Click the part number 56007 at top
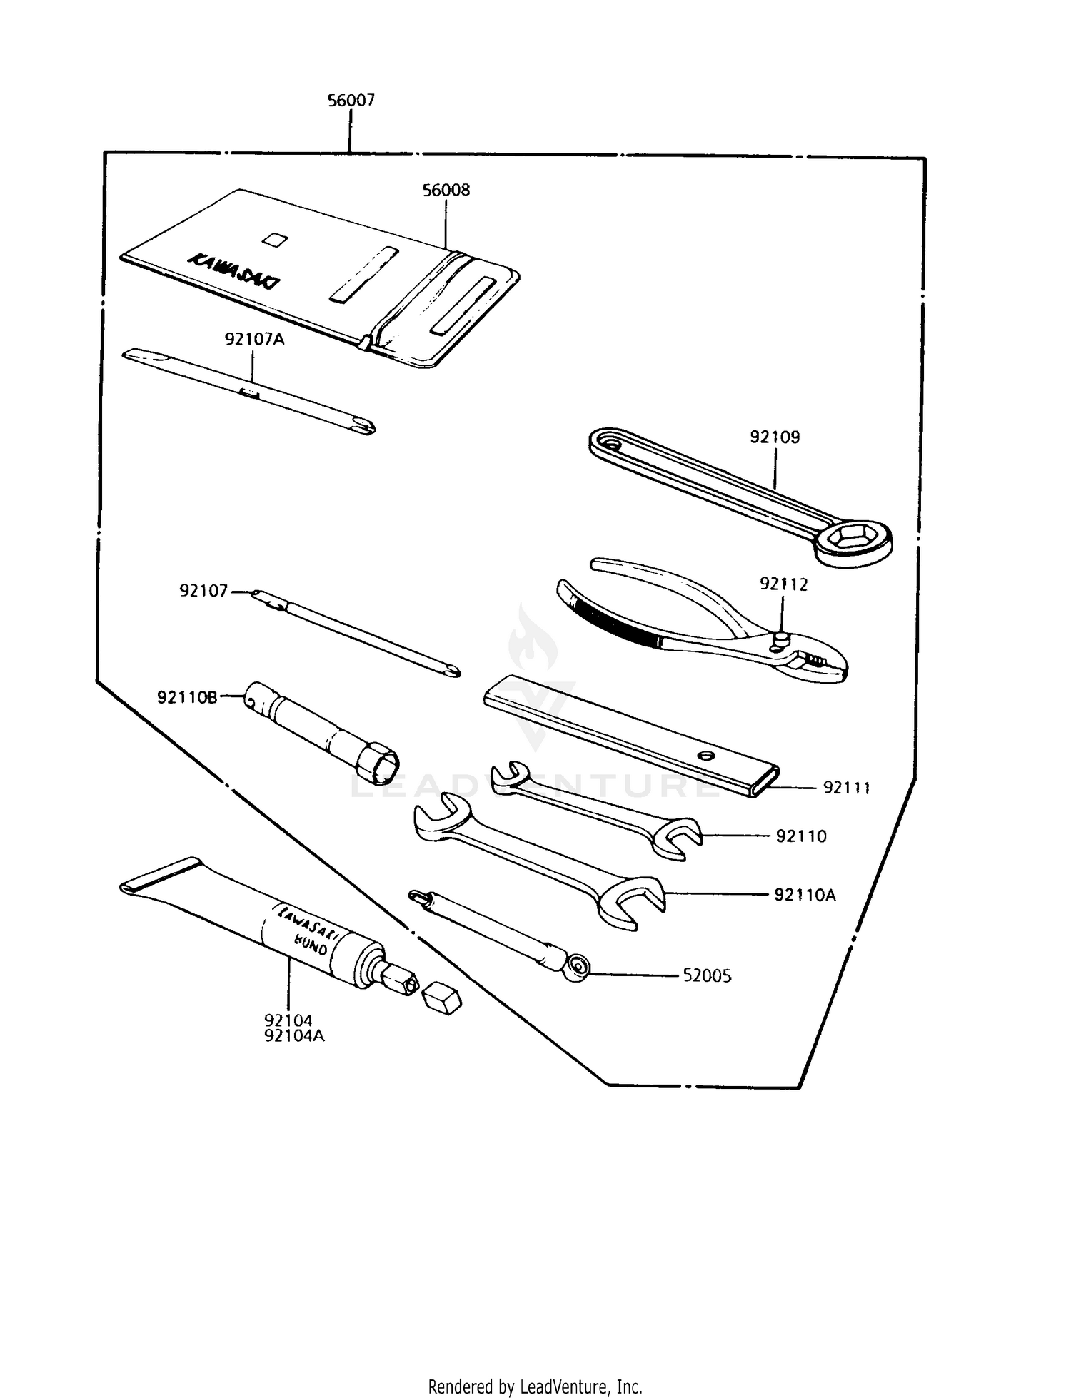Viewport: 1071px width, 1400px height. (x=351, y=101)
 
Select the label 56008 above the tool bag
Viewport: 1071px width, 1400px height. (x=446, y=191)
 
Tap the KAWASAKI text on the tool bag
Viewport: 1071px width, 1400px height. (x=233, y=271)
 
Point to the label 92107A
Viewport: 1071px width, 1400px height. (x=254, y=340)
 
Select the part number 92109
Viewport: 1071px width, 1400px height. (x=775, y=437)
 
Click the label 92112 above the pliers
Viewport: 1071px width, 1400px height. (x=783, y=585)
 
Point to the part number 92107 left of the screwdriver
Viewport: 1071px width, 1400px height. (x=203, y=591)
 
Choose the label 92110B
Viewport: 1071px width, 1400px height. (x=187, y=698)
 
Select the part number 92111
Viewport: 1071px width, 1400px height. (x=847, y=788)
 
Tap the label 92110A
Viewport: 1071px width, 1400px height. (x=805, y=895)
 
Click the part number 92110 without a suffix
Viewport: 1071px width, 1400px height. (x=801, y=836)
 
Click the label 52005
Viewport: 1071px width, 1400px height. (x=707, y=976)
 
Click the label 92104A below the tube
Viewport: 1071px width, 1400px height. (x=294, y=1035)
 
